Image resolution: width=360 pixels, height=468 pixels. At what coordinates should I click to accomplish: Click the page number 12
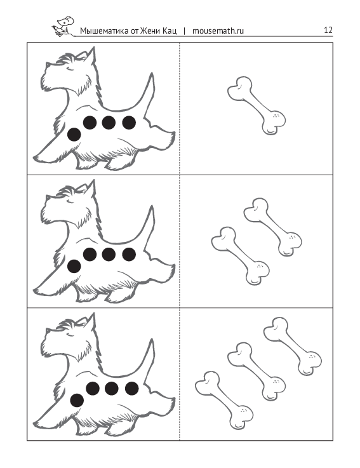(x=328, y=30)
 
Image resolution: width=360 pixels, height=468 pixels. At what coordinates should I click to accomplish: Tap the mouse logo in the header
(x=63, y=26)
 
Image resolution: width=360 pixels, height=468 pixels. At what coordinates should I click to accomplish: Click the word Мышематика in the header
(x=105, y=30)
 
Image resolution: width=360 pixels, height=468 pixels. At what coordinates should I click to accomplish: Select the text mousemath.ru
(x=218, y=30)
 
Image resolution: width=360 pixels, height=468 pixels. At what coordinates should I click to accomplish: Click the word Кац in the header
(x=170, y=30)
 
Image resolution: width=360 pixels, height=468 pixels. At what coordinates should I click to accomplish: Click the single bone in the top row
(x=257, y=105)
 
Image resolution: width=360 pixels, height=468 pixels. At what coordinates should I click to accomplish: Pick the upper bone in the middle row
(x=273, y=227)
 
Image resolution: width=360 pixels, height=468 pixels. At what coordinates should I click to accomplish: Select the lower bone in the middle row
(x=240, y=256)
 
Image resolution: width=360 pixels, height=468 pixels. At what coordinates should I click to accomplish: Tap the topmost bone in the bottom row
(x=293, y=346)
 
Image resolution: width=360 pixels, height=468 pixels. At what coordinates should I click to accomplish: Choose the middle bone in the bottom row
(x=257, y=371)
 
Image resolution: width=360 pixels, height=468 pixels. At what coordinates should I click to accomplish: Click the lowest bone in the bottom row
(x=224, y=400)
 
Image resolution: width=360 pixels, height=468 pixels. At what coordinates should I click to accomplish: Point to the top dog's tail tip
(x=152, y=74)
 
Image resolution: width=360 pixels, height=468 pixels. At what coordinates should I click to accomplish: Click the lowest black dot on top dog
(x=74, y=135)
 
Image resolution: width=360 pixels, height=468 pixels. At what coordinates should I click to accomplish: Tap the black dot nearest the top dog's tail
(x=129, y=123)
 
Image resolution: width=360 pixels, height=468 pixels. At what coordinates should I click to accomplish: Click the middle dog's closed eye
(x=70, y=202)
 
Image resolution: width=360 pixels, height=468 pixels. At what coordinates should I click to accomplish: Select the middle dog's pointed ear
(x=91, y=189)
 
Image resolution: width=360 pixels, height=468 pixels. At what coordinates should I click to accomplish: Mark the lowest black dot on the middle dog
(x=74, y=266)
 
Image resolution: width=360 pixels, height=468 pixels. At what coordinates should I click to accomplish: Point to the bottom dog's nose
(x=47, y=330)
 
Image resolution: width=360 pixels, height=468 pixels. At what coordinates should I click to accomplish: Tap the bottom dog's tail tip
(x=152, y=340)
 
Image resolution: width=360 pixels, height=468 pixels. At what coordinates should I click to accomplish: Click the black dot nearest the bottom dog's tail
(x=131, y=389)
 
